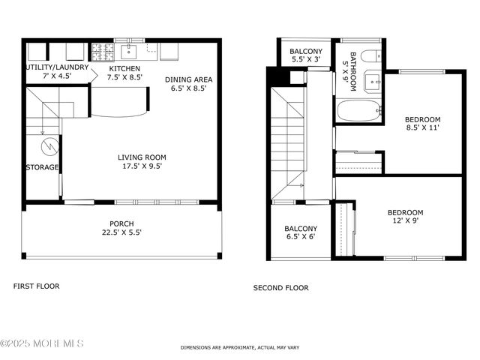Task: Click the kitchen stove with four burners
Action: coord(102,52)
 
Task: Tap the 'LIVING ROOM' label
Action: coord(139,157)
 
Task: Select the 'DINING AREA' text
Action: coord(189,79)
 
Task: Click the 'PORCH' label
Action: coord(121,223)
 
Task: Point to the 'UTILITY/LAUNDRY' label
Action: coord(57,67)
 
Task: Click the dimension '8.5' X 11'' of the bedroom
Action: coord(422,128)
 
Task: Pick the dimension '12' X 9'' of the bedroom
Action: coord(405,221)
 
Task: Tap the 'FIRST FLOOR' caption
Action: coord(37,286)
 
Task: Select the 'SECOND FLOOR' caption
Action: coord(280,287)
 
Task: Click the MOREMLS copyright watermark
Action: coord(43,343)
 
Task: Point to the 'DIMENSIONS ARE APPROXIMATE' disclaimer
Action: coord(239,348)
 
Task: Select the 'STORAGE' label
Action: coord(42,167)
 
